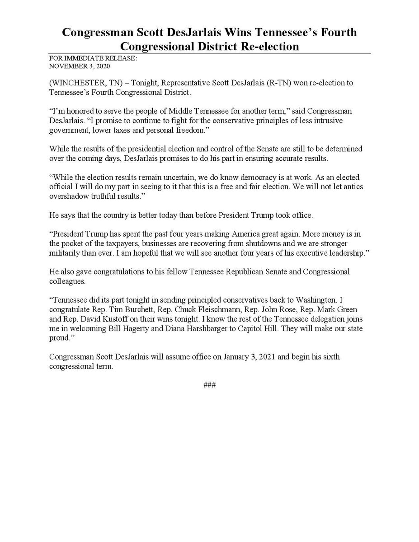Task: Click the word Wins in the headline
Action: [221, 33]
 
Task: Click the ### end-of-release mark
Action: [209, 385]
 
